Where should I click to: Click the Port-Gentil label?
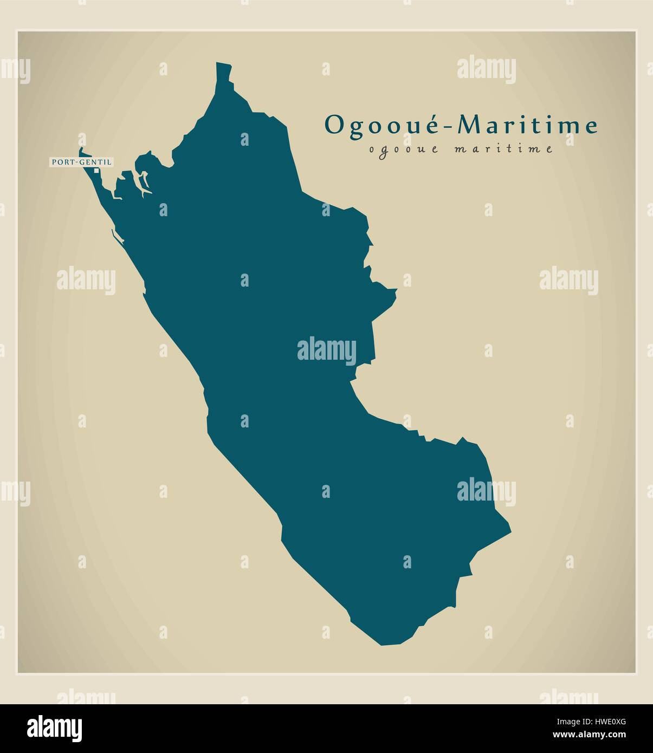coord(82,161)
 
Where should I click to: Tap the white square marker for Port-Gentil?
coord(97,171)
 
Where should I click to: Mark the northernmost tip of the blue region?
coord(223,64)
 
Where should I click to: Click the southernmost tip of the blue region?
coord(382,645)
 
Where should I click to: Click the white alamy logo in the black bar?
coord(55,728)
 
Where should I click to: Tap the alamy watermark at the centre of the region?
coord(326,349)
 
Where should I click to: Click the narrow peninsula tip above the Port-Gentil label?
coord(82,150)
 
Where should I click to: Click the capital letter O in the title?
coord(333,126)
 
